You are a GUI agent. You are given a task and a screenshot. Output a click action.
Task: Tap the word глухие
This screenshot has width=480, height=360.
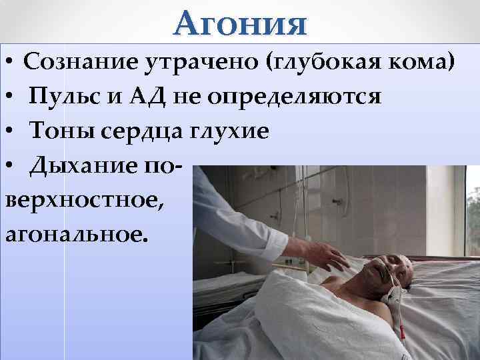233,131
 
